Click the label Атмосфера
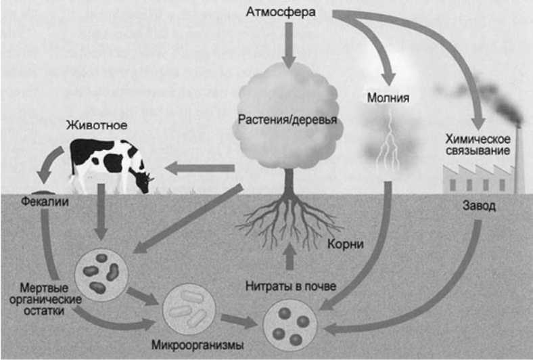[x=289, y=13]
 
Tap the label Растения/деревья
[x=287, y=121]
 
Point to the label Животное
[x=97, y=125]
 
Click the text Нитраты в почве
[x=291, y=286]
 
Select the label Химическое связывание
[x=479, y=144]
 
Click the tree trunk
[x=289, y=186]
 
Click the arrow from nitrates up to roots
[x=289, y=258]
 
